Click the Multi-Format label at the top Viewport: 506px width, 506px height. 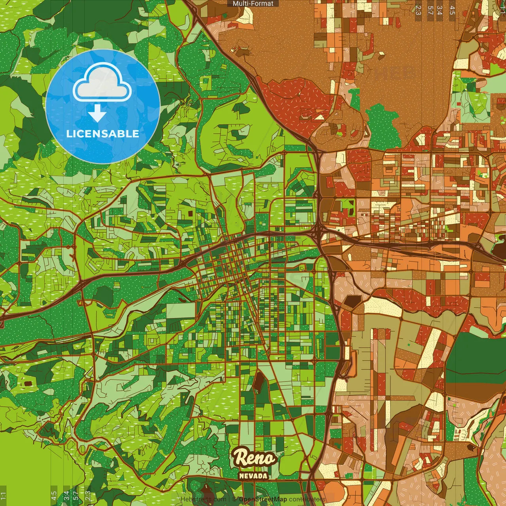coord(253,4)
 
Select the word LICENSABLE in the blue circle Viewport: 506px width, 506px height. coord(103,134)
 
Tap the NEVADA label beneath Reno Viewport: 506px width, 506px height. coord(253,476)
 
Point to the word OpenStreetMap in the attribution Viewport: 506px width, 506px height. coord(263,499)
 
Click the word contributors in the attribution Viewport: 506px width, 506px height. coord(307,499)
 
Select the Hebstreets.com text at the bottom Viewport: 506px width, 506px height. coord(204,499)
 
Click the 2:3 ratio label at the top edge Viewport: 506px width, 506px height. coord(418,10)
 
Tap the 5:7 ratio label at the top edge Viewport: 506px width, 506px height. coord(430,10)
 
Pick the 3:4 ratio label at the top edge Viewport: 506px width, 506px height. coord(440,10)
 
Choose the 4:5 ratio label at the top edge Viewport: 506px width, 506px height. coord(452,10)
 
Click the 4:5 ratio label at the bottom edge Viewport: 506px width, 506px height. coord(53,496)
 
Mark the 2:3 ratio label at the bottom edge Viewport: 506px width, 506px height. coord(88,496)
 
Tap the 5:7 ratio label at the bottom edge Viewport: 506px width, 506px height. coord(76,496)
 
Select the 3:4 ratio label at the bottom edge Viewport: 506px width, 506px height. coord(66,496)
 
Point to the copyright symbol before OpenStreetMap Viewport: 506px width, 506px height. coord(234,499)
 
